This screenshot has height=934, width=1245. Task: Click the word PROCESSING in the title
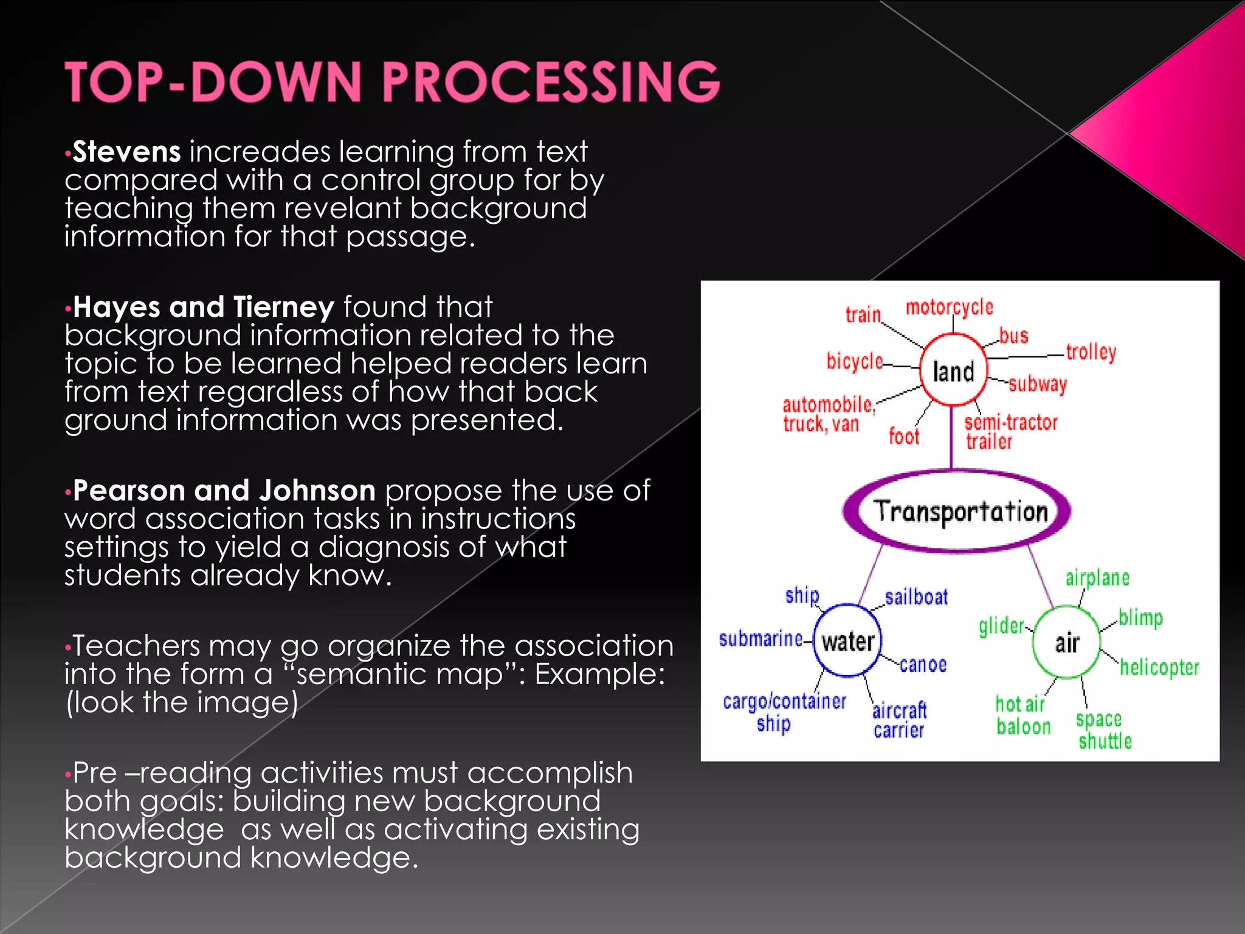click(550, 82)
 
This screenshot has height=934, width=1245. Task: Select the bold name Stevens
click(126, 152)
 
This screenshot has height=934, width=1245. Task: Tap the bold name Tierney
click(283, 307)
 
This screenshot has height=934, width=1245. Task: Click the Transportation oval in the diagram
click(960, 511)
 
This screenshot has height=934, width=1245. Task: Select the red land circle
click(953, 370)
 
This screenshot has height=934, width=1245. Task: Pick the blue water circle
click(847, 641)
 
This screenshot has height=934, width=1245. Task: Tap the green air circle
click(1066, 642)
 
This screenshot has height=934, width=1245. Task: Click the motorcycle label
click(949, 308)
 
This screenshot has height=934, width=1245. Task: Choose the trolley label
click(1091, 352)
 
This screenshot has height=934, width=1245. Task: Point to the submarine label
click(760, 639)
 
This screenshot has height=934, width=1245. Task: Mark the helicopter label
click(1159, 668)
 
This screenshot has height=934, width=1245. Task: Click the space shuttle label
click(1103, 730)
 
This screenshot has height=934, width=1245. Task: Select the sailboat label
click(916, 597)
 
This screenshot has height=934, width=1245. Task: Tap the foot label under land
click(904, 437)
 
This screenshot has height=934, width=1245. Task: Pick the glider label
click(1001, 626)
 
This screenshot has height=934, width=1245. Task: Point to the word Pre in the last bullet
click(95, 773)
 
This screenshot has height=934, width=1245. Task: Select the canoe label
click(923, 665)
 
